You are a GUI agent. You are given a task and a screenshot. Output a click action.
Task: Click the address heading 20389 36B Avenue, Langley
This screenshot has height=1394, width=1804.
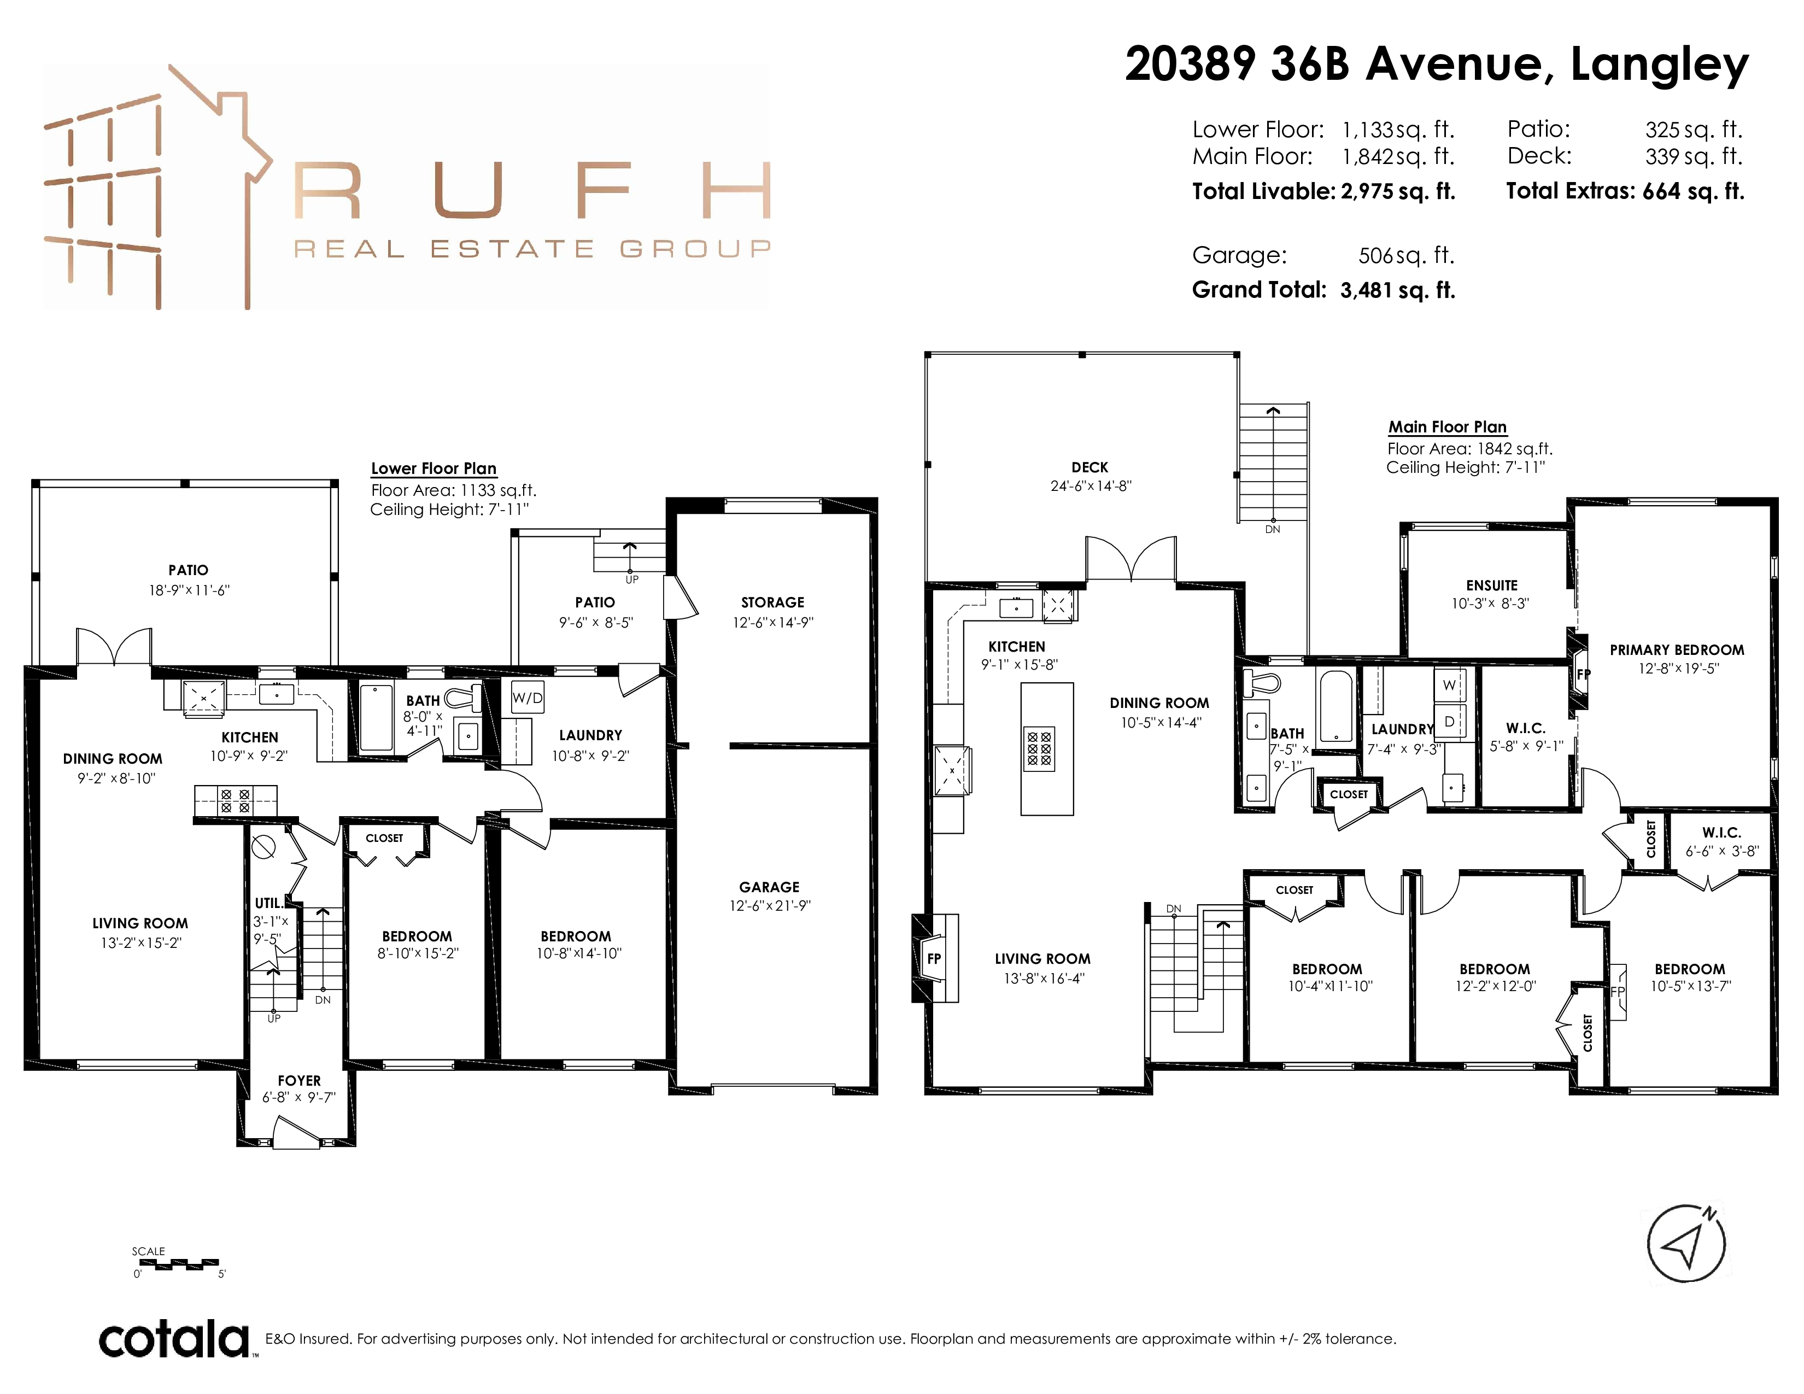1437,65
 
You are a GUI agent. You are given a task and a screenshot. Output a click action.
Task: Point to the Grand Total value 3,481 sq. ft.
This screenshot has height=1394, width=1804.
1398,290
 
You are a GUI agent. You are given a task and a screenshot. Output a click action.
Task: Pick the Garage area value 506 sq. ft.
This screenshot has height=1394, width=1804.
1407,255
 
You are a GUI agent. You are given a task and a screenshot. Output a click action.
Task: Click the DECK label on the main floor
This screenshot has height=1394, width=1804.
1090,467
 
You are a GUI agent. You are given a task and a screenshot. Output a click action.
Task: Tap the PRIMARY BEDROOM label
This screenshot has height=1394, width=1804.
1677,650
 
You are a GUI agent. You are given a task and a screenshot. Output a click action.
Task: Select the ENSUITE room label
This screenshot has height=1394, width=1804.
1492,585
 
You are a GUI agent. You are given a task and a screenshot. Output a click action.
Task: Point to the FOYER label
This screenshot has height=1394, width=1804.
299,1080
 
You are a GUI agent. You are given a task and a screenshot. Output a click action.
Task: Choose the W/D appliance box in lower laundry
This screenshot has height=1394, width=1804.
528,698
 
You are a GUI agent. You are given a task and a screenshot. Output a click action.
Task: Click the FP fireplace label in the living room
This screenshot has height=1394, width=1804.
934,959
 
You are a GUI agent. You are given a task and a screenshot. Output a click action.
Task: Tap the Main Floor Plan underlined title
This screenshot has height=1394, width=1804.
1447,427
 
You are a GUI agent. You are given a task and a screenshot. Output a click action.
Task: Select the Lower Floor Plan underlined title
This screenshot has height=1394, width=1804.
434,468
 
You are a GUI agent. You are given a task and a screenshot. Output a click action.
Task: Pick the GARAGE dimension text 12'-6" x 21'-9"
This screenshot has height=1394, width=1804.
770,905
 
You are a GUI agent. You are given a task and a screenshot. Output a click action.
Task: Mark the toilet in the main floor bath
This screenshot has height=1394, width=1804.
1262,682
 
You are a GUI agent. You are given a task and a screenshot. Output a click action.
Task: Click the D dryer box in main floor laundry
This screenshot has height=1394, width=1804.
1450,721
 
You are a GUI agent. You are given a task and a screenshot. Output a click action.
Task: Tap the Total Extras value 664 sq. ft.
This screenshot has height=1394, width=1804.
1694,191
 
